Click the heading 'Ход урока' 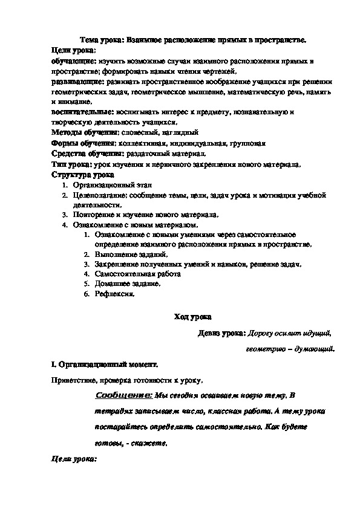point(193,316)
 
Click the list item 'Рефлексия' point(114,294)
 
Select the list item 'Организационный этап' point(104,185)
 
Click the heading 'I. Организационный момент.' point(104,365)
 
